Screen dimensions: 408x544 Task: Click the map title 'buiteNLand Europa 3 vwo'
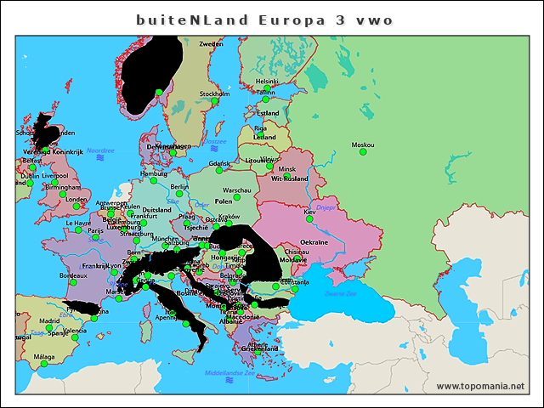(264, 19)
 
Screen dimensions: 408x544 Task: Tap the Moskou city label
(363, 144)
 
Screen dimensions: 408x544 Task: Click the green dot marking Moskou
(363, 153)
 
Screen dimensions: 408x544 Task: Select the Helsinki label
(267, 82)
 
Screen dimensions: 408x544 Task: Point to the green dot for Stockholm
(215, 101)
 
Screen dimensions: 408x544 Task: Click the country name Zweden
(211, 43)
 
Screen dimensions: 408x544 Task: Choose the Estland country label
(268, 113)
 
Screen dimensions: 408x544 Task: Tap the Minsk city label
(287, 168)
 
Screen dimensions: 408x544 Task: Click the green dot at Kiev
(309, 219)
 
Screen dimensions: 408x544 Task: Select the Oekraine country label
(314, 242)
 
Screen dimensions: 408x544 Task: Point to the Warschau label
(236, 190)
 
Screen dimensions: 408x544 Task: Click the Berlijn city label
(179, 186)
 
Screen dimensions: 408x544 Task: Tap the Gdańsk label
(219, 163)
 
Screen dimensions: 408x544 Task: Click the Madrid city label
(49, 321)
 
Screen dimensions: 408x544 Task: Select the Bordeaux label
(73, 275)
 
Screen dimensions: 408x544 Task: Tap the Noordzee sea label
(100, 150)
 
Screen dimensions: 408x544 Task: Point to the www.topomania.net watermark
(480, 386)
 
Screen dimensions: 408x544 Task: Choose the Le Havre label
(76, 224)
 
